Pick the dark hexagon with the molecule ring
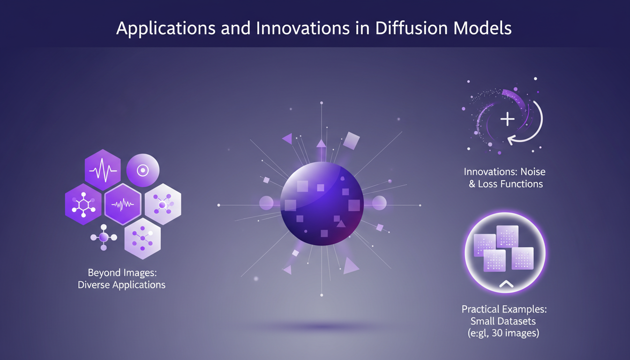coord(83,204)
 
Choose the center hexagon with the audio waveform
coord(123,204)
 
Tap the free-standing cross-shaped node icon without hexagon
coord(104,238)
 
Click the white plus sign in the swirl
coord(507,119)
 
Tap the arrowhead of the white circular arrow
coord(513,139)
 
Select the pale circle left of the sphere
coord(266,203)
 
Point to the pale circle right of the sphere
coord(379,203)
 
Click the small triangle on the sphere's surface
coord(341,224)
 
